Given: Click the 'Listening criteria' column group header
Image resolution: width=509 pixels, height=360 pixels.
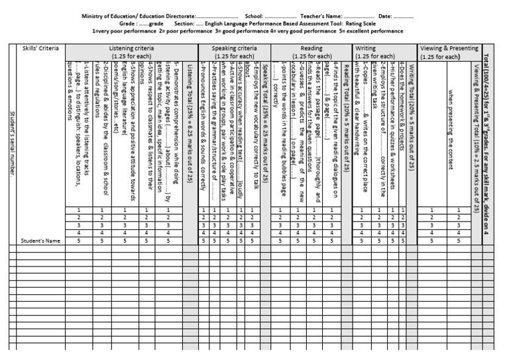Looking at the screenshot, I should pyautogui.click(x=123, y=48).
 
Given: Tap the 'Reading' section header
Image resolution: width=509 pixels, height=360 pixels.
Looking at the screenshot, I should pyautogui.click(x=312, y=48).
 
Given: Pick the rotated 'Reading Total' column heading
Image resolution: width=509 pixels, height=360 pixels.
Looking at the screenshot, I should pyautogui.click(x=347, y=126).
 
